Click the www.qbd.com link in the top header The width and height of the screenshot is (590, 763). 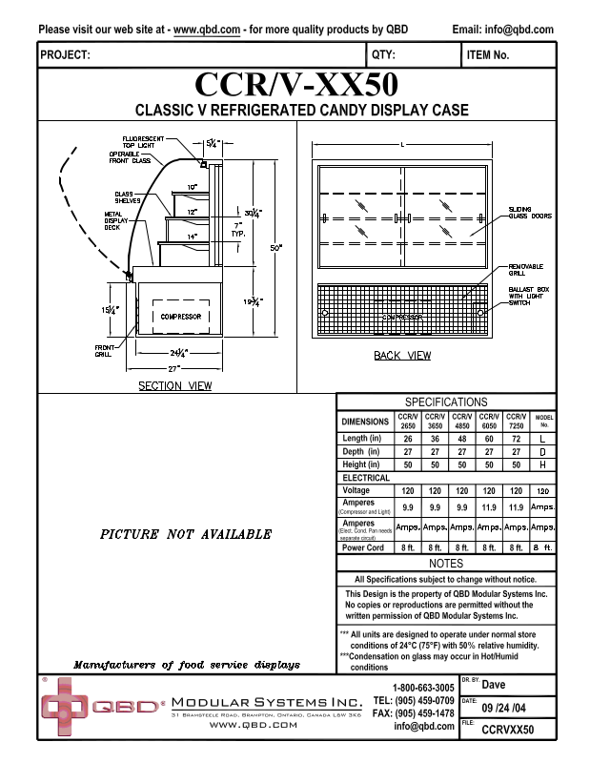(x=207, y=30)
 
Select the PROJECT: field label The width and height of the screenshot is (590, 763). (x=66, y=55)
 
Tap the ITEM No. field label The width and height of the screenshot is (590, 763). (x=488, y=55)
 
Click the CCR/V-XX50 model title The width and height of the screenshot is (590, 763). (x=295, y=85)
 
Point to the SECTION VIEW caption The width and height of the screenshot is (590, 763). (x=175, y=386)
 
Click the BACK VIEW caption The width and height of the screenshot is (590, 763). (x=402, y=356)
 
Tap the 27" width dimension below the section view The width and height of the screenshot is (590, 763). (x=173, y=367)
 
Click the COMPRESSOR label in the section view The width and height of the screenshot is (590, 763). (x=181, y=316)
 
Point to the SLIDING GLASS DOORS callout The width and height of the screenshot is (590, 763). (x=530, y=212)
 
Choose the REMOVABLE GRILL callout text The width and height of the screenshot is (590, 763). (x=525, y=269)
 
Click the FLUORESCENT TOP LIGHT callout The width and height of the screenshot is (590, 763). (x=143, y=141)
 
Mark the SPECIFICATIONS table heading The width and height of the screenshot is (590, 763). (x=446, y=402)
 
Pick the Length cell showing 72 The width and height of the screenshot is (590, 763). (x=516, y=438)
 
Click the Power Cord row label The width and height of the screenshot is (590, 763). (x=363, y=547)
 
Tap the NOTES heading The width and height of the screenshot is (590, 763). (x=446, y=564)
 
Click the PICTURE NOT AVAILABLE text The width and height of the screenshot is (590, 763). (x=186, y=534)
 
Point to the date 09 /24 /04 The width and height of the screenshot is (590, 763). (x=505, y=709)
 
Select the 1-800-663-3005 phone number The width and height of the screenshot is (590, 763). (x=423, y=688)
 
